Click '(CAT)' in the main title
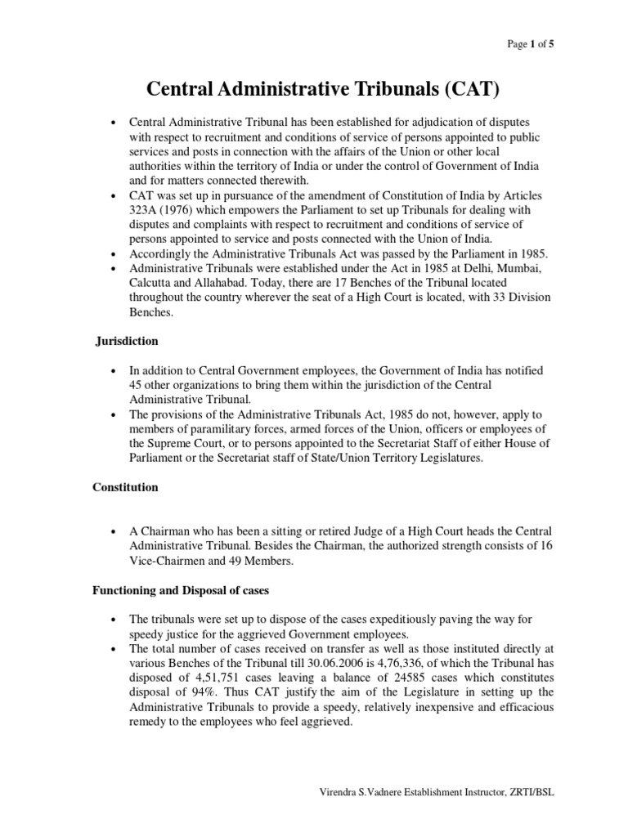(x=454, y=87)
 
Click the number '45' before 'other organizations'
(x=137, y=385)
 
